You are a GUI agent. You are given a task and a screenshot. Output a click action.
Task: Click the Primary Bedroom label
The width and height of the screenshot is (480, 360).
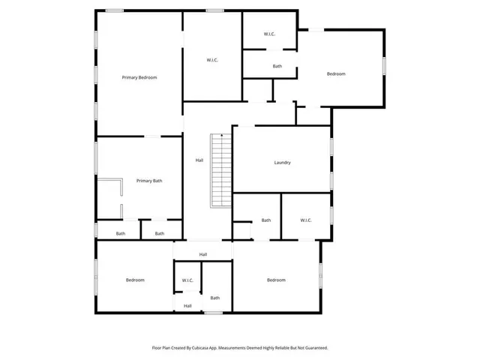click(x=139, y=77)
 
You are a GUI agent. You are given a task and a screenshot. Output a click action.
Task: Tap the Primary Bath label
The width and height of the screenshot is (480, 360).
click(x=148, y=181)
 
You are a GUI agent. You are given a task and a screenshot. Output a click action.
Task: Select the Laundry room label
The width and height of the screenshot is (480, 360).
click(x=282, y=163)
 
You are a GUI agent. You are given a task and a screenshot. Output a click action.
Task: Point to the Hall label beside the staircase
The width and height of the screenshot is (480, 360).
click(x=199, y=160)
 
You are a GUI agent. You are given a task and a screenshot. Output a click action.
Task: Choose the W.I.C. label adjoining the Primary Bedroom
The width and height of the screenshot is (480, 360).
click(x=212, y=60)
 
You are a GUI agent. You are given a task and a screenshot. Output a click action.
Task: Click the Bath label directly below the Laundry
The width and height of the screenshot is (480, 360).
click(x=266, y=220)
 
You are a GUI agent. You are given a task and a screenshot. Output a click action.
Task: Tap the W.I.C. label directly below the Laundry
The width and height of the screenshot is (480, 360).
click(x=306, y=220)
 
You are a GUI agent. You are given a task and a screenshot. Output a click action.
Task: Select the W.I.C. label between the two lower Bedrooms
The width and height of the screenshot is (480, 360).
click(x=187, y=280)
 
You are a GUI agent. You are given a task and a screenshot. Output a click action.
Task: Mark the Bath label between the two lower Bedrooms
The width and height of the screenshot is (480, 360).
click(x=214, y=296)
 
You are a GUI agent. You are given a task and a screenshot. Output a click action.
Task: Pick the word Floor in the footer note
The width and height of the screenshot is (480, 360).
click(x=157, y=348)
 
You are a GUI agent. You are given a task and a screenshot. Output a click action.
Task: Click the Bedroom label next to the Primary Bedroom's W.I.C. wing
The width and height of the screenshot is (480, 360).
click(x=336, y=74)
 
